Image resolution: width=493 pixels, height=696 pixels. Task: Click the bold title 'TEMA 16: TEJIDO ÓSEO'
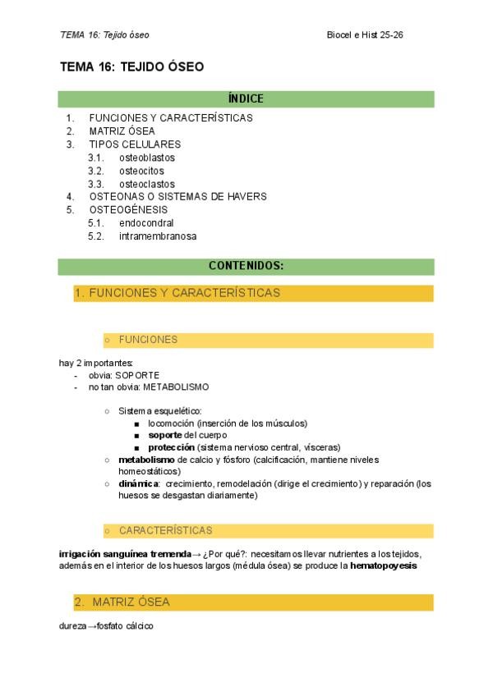[131, 66]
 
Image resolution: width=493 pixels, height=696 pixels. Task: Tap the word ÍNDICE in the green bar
[246, 99]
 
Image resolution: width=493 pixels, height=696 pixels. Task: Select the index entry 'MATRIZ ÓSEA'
[122, 131]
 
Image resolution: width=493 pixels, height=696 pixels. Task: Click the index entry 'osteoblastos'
[146, 158]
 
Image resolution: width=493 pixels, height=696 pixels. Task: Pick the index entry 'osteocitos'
[141, 171]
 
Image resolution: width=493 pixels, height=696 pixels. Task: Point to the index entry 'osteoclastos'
[146, 184]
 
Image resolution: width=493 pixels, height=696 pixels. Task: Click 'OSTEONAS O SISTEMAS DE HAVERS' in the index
[177, 197]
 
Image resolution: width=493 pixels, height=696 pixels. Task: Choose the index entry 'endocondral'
[145, 223]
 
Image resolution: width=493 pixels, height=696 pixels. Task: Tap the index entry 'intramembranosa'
[157, 236]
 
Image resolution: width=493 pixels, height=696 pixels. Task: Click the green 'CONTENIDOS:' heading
[246, 266]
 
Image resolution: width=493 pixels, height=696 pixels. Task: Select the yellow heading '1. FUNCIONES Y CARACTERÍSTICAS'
[177, 293]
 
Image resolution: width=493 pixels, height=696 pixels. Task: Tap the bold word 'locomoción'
[171, 424]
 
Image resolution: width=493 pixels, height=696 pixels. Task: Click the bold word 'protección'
[171, 447]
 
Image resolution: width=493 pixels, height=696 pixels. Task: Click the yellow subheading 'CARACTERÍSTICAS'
[165, 530]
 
